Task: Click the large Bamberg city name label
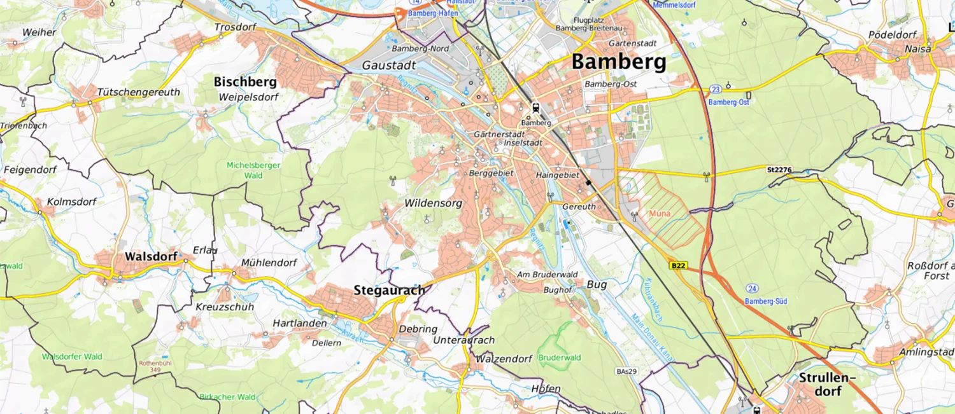618,62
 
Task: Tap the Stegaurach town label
389,291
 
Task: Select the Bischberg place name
245,82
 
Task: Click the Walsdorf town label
151,256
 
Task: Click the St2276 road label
779,169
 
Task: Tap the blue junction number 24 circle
753,288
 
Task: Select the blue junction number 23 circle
716,89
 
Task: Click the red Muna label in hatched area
660,214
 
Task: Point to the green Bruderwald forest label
560,358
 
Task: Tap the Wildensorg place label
433,204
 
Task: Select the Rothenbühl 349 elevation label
152,367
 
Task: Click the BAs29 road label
626,371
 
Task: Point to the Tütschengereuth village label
138,92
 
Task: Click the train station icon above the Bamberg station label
535,107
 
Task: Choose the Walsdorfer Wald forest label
72,357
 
